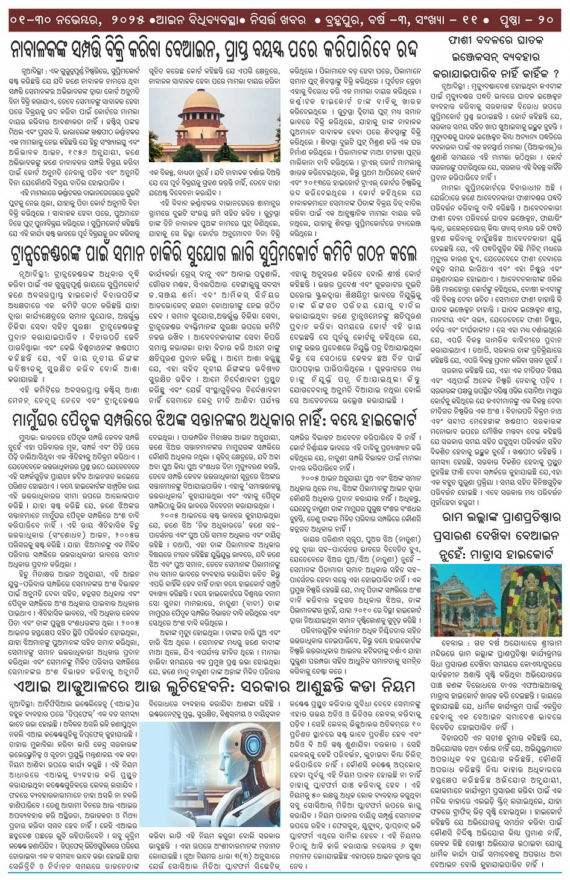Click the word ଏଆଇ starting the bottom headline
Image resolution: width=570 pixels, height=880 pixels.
28,687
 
